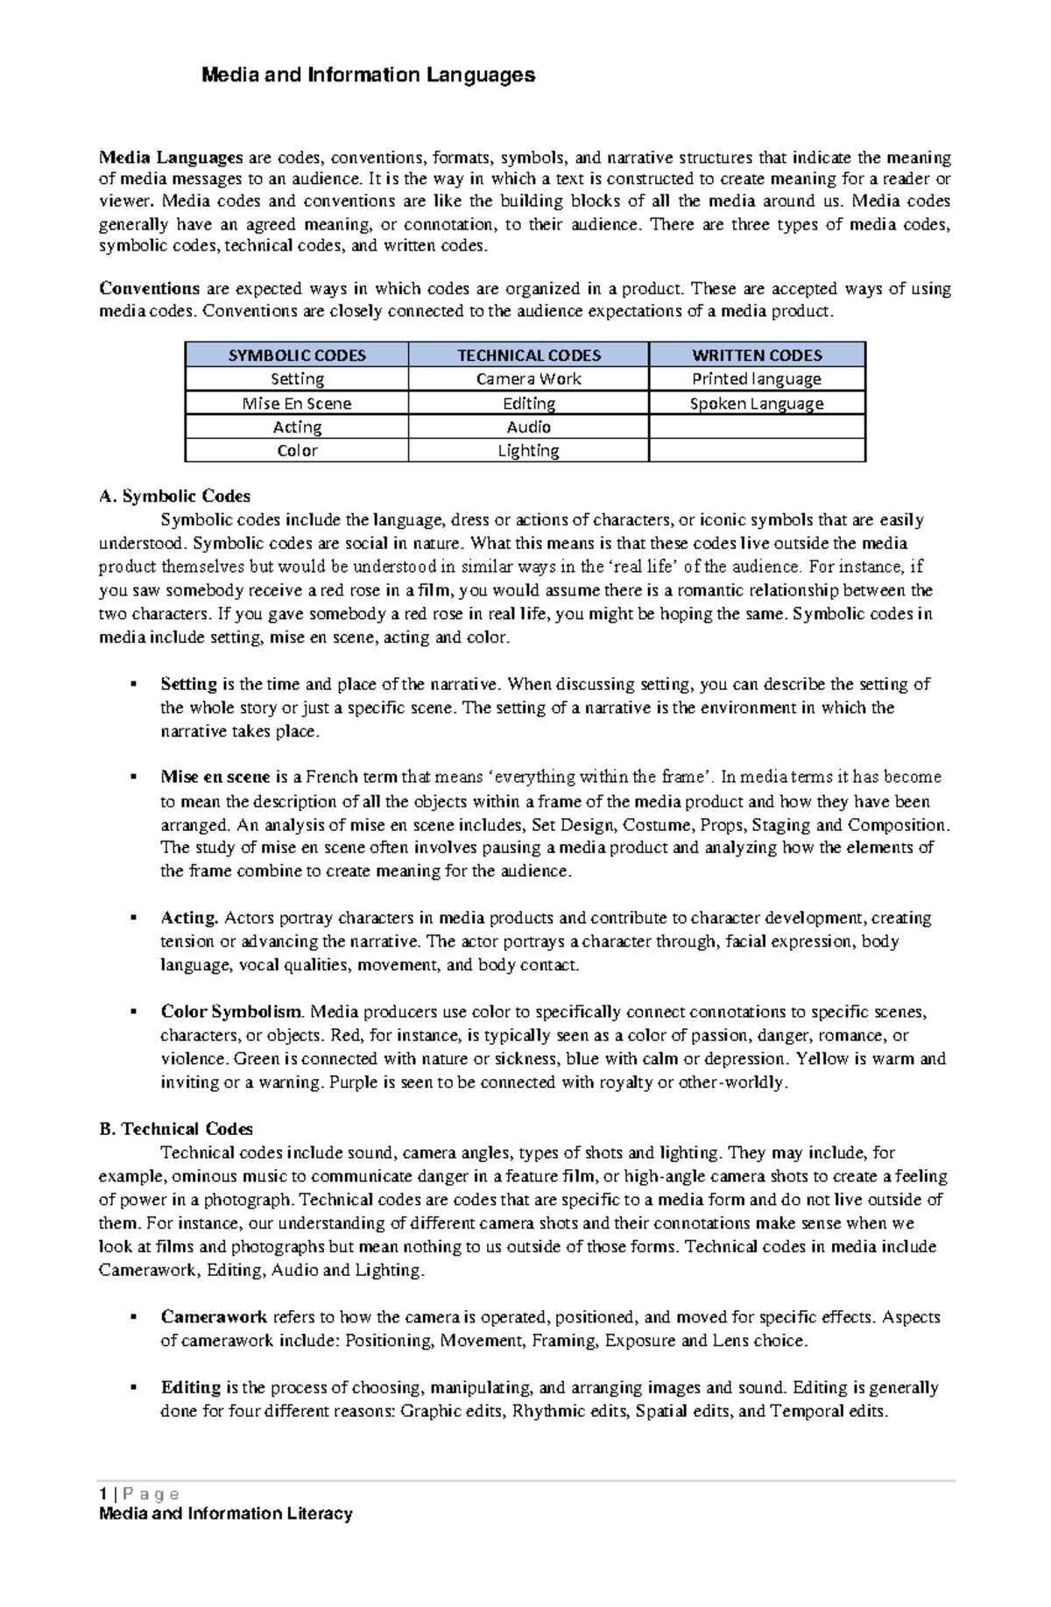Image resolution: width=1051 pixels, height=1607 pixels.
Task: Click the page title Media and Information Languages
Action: [x=368, y=75]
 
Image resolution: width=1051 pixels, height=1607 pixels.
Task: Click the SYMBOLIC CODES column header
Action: [x=297, y=356]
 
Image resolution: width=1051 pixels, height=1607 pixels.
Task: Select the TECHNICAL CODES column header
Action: [x=528, y=356]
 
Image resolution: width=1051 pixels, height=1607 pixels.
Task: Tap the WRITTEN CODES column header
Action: [x=757, y=356]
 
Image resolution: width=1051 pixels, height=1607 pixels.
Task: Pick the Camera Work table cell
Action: [x=528, y=379]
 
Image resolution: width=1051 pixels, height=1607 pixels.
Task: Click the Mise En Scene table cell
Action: [x=297, y=404]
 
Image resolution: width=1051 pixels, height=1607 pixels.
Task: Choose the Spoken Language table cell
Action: [x=757, y=404]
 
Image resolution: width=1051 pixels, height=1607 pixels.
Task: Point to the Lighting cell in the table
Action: [x=528, y=451]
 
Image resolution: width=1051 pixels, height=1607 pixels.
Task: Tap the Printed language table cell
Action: [x=757, y=379]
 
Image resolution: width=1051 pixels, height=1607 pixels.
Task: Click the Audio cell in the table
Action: [x=528, y=427]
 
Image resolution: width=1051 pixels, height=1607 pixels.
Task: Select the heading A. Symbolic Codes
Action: [x=175, y=497]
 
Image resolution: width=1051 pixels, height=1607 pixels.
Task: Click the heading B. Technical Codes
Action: [x=176, y=1130]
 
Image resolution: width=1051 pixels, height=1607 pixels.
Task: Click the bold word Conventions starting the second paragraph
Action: [x=150, y=289]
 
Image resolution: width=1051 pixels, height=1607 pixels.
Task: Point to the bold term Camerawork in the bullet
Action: [x=214, y=1317]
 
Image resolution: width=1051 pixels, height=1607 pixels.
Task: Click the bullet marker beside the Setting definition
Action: [x=134, y=684]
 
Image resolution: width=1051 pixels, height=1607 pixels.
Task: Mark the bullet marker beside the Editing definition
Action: [x=134, y=1387]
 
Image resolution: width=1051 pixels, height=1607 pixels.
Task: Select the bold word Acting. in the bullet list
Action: [x=189, y=919]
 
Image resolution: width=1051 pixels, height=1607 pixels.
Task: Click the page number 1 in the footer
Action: [x=102, y=1494]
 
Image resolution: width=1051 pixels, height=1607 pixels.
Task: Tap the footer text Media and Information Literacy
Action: [x=226, y=1514]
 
